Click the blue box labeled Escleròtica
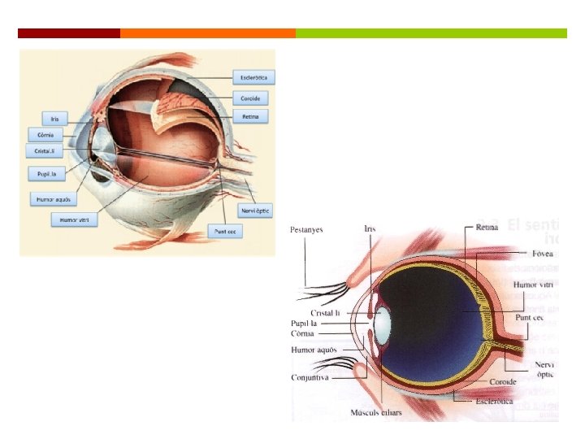point(253,78)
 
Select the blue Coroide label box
point(250,98)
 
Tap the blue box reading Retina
point(250,117)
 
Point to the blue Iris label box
point(54,118)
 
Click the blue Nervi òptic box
point(255,211)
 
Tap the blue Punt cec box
point(225,231)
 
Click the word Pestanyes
point(306,230)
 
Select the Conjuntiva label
point(310,377)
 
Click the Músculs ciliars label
point(375,413)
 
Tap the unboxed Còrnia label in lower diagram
point(302,333)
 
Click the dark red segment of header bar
point(69,33)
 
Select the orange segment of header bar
point(207,33)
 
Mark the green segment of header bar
point(431,33)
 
